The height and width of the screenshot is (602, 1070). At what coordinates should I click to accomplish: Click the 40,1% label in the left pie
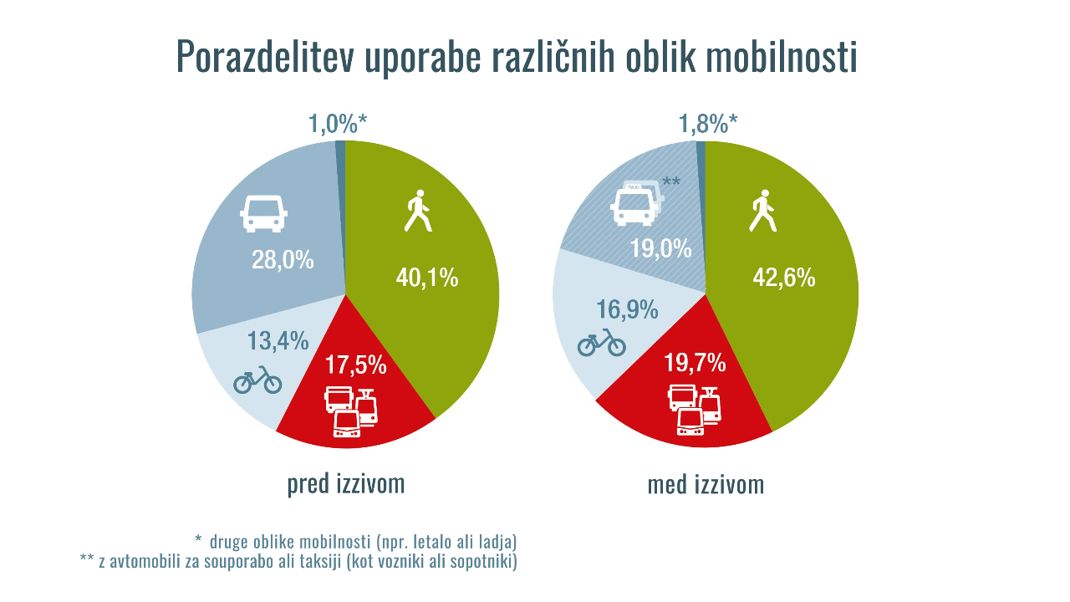coord(426,278)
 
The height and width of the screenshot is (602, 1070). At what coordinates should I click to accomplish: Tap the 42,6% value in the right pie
coord(783,278)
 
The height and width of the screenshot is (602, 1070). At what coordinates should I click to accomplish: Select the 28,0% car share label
coord(283,260)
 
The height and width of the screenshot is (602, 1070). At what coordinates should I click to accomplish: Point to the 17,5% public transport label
coord(354,365)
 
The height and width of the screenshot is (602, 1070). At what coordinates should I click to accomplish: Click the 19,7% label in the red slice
coord(695,363)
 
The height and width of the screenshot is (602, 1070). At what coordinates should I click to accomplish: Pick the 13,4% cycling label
coord(278,341)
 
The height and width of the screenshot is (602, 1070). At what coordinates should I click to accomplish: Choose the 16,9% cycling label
coord(627,309)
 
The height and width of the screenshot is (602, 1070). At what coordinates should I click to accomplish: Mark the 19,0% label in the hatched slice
coord(660,248)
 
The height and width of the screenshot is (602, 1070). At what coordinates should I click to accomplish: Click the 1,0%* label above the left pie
coord(338,125)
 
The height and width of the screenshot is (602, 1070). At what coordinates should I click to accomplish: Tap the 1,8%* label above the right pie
coord(707,125)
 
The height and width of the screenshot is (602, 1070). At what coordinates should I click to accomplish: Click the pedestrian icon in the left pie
coord(417,212)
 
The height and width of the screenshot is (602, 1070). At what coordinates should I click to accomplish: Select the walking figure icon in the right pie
coord(762,212)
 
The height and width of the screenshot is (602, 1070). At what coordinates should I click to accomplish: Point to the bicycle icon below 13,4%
coord(257,380)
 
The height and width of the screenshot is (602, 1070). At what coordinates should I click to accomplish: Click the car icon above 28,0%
coord(263,213)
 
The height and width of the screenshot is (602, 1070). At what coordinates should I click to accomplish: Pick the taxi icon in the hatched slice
coord(636,203)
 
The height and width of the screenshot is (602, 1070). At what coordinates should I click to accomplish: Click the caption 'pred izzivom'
coord(346,484)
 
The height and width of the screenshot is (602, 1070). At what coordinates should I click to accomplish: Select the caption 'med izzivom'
coord(706,485)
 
